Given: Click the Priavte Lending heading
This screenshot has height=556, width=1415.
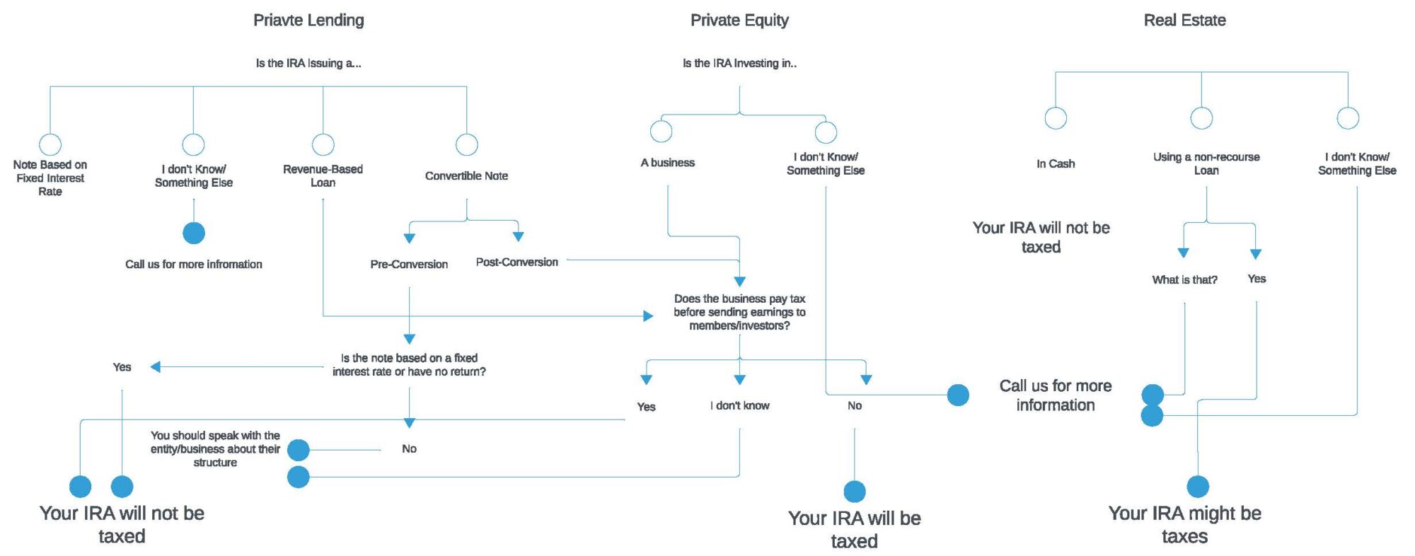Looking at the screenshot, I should (308, 21).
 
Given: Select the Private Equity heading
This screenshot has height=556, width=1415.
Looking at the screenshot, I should (739, 21).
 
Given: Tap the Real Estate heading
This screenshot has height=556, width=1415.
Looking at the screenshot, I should (1184, 21).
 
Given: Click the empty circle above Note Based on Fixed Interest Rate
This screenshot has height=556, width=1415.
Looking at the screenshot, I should (50, 144).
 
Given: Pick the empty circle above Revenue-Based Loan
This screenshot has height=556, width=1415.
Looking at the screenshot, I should (323, 144).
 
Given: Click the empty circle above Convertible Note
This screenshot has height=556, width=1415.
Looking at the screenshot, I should (467, 144).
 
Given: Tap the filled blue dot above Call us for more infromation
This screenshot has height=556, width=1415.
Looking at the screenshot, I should (194, 233).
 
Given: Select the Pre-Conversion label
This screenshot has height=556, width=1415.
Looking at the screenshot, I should (409, 264).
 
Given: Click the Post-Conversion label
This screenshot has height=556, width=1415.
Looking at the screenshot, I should (516, 262).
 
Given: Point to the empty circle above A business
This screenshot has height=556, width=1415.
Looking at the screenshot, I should (661, 131).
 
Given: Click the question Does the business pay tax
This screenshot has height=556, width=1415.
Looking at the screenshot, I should (739, 312).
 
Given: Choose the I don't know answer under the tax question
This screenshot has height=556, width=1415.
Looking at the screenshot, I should (739, 405).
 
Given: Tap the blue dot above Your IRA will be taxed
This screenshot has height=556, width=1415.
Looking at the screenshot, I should (855, 491).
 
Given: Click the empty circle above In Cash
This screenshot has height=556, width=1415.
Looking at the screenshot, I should (1056, 118).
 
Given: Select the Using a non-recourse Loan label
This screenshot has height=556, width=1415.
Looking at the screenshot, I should (1206, 163).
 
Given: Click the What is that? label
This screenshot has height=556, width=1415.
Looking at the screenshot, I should (1184, 279).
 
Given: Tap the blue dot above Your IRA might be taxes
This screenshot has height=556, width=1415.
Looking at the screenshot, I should (1198, 487).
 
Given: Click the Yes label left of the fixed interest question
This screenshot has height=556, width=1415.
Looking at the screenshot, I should (122, 367).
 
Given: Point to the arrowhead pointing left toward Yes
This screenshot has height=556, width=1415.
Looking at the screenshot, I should (156, 366).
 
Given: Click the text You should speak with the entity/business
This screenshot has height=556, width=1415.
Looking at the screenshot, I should (215, 448).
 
